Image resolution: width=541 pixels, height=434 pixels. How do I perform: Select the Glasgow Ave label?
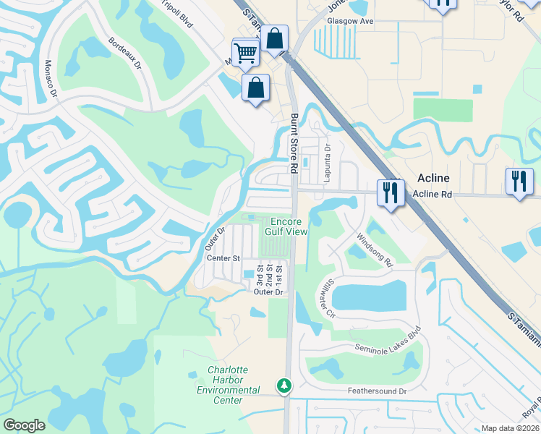[x=350, y=22]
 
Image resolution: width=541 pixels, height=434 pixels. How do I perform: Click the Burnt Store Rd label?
[x=294, y=143]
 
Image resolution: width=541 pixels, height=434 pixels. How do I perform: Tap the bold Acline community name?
[x=433, y=178]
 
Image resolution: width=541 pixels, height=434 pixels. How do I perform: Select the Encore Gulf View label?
[x=289, y=226]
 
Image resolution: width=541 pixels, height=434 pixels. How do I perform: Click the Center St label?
[x=223, y=258]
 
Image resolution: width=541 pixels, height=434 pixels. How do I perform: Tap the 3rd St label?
[x=260, y=278]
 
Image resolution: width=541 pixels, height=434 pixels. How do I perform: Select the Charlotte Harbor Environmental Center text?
[x=229, y=380]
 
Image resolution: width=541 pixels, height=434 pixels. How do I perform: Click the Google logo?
[x=24, y=425]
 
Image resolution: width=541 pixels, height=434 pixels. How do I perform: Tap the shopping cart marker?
[x=245, y=52]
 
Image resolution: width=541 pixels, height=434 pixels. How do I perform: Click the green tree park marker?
[x=286, y=386]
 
